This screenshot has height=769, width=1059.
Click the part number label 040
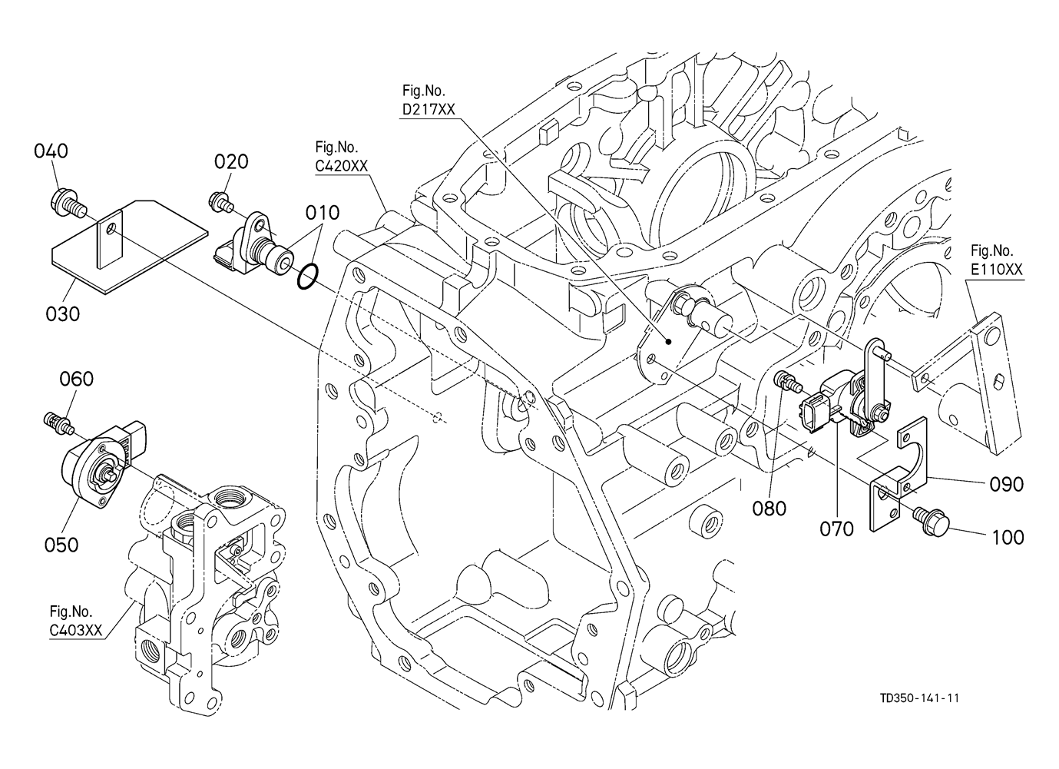(x=51, y=151)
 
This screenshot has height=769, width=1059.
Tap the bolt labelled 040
(x=65, y=203)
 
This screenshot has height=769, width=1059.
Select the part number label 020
(x=230, y=161)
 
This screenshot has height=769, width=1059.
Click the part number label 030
(x=63, y=313)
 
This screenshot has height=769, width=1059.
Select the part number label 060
(x=77, y=379)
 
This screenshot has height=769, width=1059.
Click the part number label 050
(x=61, y=544)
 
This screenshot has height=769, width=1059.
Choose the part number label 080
(x=769, y=508)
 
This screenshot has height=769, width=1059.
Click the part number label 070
(x=836, y=529)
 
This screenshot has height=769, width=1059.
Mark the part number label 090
(x=1006, y=484)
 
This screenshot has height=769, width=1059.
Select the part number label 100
(x=1008, y=537)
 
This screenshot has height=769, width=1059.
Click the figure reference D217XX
(x=429, y=110)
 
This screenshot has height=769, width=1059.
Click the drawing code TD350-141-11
(x=920, y=698)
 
